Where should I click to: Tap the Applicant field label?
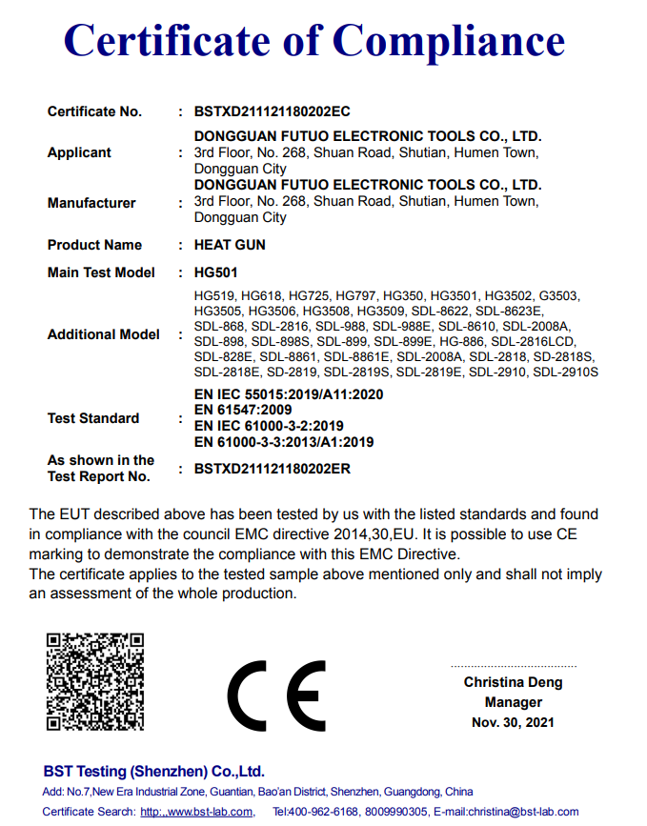tap(79, 152)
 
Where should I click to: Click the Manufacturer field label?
tap(91, 203)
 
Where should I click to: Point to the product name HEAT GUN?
tap(230, 245)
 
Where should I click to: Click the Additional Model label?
tap(103, 334)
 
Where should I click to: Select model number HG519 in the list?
tap(213, 296)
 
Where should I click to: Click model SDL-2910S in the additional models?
tap(566, 372)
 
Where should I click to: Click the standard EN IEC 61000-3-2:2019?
tap(269, 426)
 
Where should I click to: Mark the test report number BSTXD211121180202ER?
tap(273, 469)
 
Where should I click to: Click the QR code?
tap(95, 680)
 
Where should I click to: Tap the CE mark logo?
tap(277, 694)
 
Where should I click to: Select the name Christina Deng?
tap(513, 682)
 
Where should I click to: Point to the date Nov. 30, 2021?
tap(513, 723)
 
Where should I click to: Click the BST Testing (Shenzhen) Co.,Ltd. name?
tap(153, 772)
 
